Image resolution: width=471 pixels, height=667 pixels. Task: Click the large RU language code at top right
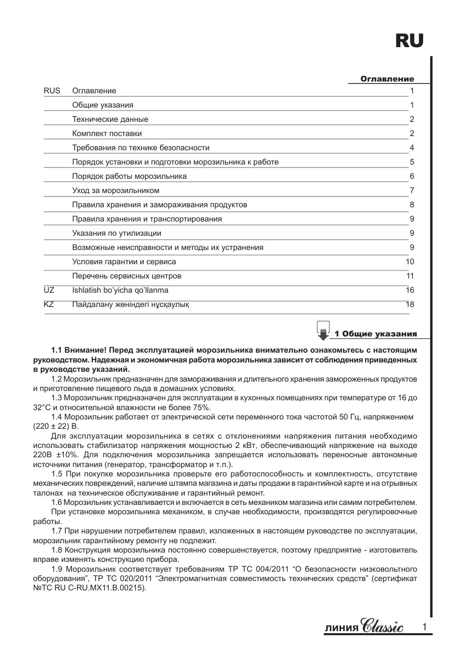pos(409,41)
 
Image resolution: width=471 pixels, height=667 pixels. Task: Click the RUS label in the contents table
pos(52,91)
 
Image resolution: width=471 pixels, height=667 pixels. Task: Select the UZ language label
pos(49,290)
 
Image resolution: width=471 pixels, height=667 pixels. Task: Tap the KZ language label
pos(49,305)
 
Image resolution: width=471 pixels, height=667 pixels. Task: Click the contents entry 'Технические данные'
pos(110,119)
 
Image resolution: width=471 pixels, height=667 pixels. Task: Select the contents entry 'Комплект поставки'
pos(107,134)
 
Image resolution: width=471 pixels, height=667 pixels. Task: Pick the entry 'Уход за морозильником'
pos(115,191)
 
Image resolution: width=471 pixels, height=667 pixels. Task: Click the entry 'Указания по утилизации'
pos(116,233)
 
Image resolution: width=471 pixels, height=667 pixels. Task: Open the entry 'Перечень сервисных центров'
pos(127,276)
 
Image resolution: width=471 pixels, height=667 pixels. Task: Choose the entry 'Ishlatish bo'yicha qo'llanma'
pos(120,290)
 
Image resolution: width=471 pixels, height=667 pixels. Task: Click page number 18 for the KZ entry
pos(410,305)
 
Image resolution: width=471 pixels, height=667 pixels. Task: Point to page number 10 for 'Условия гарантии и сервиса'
pos(410,262)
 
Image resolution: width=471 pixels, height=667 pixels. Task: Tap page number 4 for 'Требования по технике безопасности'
pos(412,148)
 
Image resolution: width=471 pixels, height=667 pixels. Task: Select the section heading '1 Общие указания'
pos(375,334)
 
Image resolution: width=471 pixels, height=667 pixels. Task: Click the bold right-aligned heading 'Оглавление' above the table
pos(387,79)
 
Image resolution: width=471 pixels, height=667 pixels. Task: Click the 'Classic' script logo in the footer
pos(382,626)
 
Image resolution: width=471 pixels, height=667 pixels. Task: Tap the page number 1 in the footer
pos(424,627)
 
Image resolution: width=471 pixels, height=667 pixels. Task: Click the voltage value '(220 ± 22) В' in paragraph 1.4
pos(56,426)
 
